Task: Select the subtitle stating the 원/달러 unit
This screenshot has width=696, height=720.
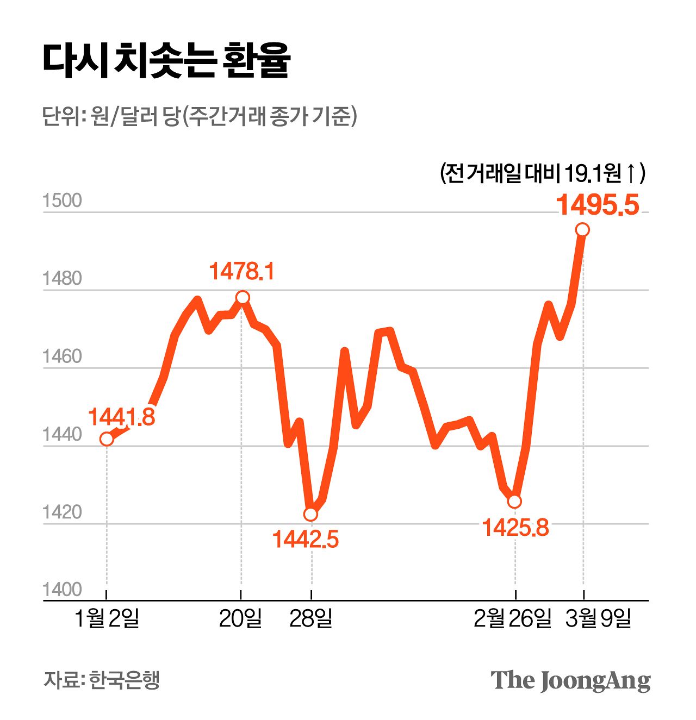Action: (199, 116)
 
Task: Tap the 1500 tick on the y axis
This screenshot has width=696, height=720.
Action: (62, 201)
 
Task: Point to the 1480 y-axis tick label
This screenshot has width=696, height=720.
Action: (62, 279)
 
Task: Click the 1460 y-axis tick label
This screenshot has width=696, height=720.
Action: (62, 356)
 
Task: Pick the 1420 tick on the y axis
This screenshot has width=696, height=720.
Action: (62, 512)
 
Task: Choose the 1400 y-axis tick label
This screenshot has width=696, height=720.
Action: (62, 590)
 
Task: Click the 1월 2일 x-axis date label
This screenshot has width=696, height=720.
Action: (107, 618)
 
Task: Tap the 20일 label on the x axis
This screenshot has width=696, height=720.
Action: (240, 618)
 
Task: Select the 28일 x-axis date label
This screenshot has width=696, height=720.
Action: (310, 618)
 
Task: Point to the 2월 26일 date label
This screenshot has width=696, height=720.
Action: (512, 618)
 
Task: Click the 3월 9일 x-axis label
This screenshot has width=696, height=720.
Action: (598, 618)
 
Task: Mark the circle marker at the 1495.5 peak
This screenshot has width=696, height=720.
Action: (582, 230)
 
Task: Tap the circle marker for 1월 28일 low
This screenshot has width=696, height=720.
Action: (310, 514)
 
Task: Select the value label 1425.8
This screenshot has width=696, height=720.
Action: (515, 528)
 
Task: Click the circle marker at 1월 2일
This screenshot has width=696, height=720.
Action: (107, 439)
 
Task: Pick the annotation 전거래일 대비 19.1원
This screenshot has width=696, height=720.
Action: (542, 173)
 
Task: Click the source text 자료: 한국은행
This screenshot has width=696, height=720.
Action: (102, 680)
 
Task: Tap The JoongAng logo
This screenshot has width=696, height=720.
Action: (570, 680)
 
